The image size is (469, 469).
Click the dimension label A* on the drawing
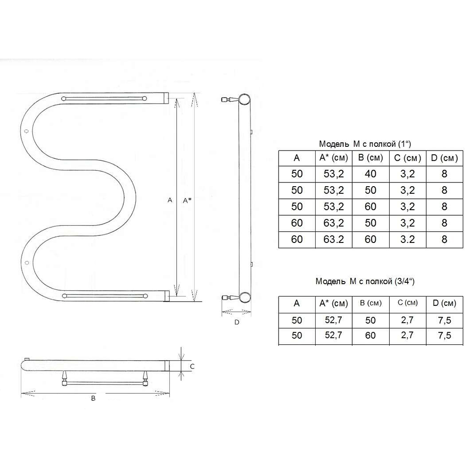tap(187, 200)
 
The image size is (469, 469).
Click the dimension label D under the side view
tap(236, 322)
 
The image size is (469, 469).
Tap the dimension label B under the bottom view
tap(93, 398)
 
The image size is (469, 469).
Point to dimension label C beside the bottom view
tap(192, 366)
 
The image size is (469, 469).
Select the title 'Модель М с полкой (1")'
tap(365, 144)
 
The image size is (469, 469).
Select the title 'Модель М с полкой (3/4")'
tap(365, 281)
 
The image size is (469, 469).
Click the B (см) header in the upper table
tap(371, 158)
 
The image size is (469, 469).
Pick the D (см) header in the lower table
tap(445, 303)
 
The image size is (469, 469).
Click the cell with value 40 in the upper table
tap(371, 174)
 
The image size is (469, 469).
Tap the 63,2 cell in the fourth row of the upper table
tap(334, 223)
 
